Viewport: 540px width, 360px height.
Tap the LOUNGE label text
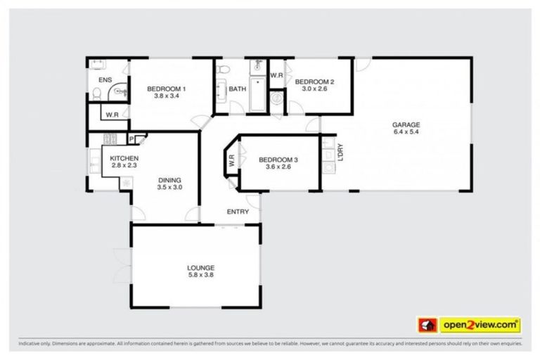point(200,267)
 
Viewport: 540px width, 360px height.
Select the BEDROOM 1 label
point(166,89)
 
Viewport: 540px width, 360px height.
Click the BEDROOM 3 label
point(278,160)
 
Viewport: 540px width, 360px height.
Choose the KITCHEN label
point(124,158)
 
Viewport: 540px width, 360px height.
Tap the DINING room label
point(169,179)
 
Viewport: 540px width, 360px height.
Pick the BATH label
point(237,89)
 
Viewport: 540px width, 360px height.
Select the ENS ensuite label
point(105,81)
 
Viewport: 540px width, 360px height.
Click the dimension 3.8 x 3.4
point(166,96)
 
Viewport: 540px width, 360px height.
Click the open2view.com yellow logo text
point(480,325)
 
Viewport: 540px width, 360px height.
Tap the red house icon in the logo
point(427,325)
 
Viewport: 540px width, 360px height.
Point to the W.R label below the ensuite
point(112,115)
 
